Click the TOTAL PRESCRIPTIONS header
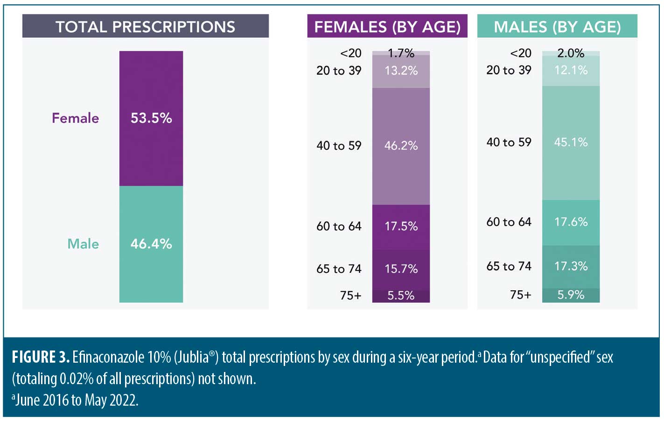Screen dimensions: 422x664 [x=145, y=27]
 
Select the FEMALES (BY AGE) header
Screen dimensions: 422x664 [x=387, y=27]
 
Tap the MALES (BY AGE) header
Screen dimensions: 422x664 [x=557, y=27]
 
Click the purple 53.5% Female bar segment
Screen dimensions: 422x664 [x=151, y=118]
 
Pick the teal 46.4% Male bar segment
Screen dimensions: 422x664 [x=151, y=243]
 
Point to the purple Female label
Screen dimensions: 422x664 [x=75, y=118]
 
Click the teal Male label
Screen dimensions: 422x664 [x=83, y=243]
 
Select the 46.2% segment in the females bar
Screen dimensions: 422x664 [x=401, y=146]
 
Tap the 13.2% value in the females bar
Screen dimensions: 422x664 [x=401, y=71]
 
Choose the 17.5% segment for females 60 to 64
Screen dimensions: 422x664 [x=401, y=227]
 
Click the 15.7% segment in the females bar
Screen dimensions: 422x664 [x=401, y=269]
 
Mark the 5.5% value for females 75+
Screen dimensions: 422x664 [x=401, y=296]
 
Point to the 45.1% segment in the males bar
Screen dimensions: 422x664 [x=571, y=143]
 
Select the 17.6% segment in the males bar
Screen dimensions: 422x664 [x=571, y=222]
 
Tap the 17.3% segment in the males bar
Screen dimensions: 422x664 [x=571, y=266]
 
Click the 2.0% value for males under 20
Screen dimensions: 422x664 [x=571, y=53]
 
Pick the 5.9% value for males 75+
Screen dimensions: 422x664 [x=571, y=295]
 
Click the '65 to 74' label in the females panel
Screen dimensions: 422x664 [x=339, y=269]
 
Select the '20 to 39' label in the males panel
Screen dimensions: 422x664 [x=509, y=70]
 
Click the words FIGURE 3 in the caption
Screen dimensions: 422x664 [x=41, y=358]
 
